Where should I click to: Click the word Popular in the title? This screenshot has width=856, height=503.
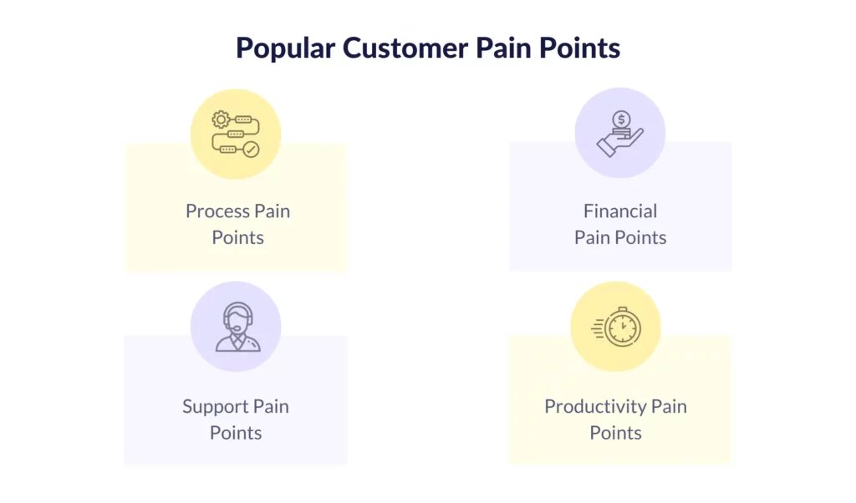[x=286, y=48]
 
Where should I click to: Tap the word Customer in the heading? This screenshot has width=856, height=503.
[x=405, y=48]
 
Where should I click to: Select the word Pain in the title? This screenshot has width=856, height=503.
[x=503, y=48]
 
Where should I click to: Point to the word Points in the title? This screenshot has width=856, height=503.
[x=580, y=48]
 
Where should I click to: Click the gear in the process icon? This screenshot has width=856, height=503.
[x=221, y=119]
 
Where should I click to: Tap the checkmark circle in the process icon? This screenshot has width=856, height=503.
[x=251, y=150]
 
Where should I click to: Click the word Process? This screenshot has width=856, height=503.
[x=217, y=211]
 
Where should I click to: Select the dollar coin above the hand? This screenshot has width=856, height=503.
[x=621, y=119]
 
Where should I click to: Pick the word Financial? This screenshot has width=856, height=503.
[x=620, y=211]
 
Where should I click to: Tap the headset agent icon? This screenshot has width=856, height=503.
[x=238, y=327]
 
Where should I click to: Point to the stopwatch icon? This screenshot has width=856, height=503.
[x=622, y=328]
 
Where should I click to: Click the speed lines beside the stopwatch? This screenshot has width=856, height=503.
[x=598, y=328]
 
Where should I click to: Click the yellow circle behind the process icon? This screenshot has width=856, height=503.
[x=236, y=135]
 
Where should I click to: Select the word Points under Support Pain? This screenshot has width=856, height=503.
[x=236, y=433]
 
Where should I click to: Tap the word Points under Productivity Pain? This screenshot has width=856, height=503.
[x=616, y=433]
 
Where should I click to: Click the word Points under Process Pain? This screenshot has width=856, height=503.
[x=238, y=237]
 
